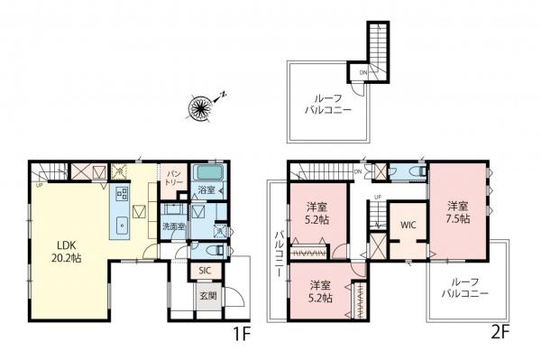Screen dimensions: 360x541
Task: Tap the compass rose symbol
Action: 199,109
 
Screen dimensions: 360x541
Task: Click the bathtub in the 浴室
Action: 209,173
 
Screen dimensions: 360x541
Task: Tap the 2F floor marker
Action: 500,331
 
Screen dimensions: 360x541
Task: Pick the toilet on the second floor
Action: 416,171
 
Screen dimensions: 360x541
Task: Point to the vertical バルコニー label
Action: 279,254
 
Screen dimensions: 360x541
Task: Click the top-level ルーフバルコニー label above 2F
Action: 323,105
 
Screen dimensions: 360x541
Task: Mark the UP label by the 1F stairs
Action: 41,185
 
